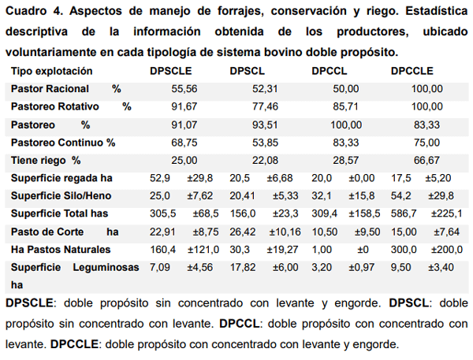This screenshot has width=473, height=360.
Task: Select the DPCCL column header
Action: tap(330, 72)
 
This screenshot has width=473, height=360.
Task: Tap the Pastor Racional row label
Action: tap(50, 89)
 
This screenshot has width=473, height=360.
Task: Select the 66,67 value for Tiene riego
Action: tap(426, 160)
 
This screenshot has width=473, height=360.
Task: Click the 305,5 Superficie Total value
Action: tap(162, 213)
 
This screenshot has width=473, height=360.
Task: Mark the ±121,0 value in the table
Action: tap(203, 249)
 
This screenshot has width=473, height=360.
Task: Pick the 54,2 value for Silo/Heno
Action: tap(403, 195)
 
